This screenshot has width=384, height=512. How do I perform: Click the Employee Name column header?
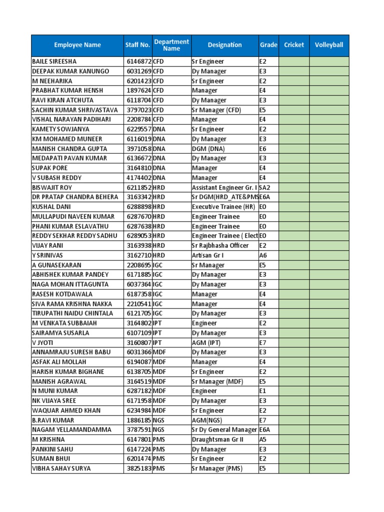pyautogui.click(x=77, y=45)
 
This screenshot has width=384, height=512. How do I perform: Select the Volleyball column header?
pyautogui.click(x=329, y=45)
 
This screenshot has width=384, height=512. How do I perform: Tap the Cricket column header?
pyautogui.click(x=294, y=45)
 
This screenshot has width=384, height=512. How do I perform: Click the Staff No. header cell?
pyautogui.click(x=137, y=45)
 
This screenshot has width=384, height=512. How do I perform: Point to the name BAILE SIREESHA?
pyautogui.click(x=54, y=61)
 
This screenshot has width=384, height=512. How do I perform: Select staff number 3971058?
pyautogui.click(x=138, y=148)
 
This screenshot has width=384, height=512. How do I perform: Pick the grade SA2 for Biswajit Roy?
pyautogui.click(x=264, y=187)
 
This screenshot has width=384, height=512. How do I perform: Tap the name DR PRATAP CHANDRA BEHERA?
pyautogui.click(x=74, y=197)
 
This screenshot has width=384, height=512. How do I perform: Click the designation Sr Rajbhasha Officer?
pyautogui.click(x=220, y=245)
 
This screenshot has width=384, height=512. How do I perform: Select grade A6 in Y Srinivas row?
pyautogui.click(x=263, y=255)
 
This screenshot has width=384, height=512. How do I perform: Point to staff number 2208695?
pyautogui.click(x=138, y=265)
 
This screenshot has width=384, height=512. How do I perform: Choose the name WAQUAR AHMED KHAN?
pyautogui.click(x=66, y=410)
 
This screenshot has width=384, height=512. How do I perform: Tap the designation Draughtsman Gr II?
pyautogui.click(x=217, y=439)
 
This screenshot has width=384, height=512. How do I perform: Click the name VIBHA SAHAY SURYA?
pyautogui.click(x=62, y=468)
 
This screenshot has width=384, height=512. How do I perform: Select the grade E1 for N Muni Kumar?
pyautogui.click(x=262, y=391)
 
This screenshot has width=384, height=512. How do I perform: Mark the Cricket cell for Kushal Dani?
pyautogui.click(x=294, y=206)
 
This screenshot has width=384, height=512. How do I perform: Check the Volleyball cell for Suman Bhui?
pyautogui.click(x=329, y=459)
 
